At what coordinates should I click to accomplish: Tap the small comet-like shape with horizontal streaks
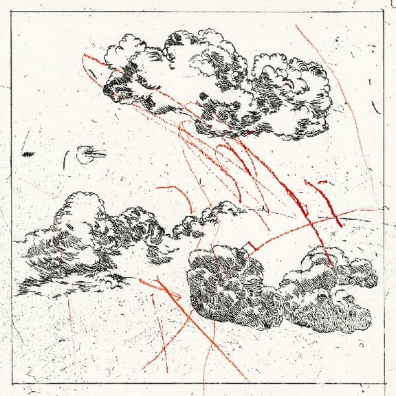pos(88,155)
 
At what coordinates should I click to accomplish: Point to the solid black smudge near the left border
pos(28,154)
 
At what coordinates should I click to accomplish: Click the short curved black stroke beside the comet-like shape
pos(66,159)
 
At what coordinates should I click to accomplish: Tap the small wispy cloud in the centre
pos(206,219)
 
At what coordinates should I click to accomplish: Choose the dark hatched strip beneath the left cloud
pos(76,282)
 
